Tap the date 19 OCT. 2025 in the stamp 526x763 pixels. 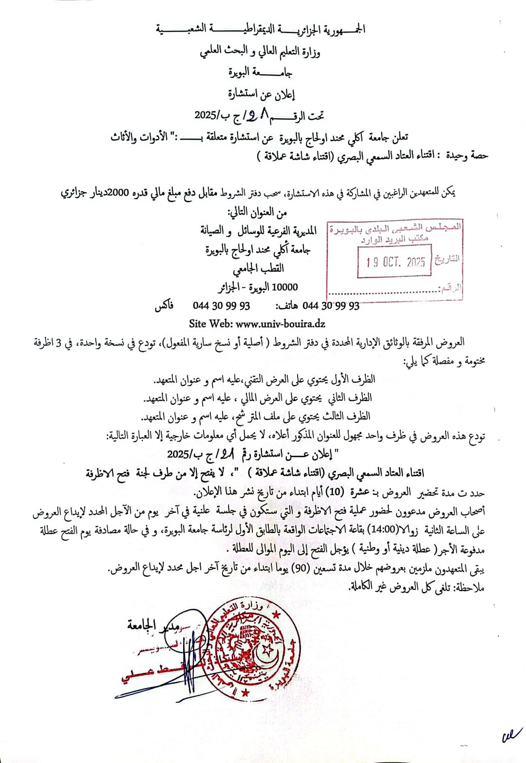[x=395, y=262]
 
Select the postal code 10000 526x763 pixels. [x=284, y=287]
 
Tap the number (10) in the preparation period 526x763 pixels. [x=335, y=492]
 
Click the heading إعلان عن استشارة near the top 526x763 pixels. [x=262, y=94]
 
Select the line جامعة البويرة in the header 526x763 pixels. [x=261, y=73]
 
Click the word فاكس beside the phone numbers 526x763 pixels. [x=164, y=306]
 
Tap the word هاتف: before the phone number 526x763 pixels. [x=287, y=306]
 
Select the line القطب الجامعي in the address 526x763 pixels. [x=258, y=268]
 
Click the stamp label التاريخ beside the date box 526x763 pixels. [x=447, y=259]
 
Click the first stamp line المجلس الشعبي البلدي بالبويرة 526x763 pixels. [x=395, y=228]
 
